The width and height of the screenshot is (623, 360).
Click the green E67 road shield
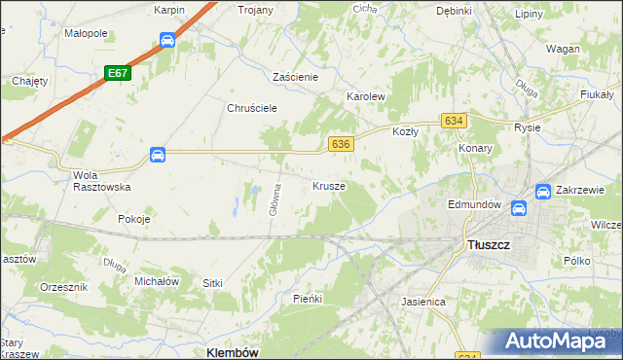(x=118, y=73)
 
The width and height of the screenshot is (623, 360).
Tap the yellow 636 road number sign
(x=340, y=144)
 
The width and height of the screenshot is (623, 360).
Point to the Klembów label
(x=233, y=352)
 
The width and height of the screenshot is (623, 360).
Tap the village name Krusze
(x=329, y=185)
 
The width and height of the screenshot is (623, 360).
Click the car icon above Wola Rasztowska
(x=158, y=155)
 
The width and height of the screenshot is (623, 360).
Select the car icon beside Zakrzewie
(x=543, y=192)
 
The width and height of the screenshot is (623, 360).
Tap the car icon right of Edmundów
(x=519, y=207)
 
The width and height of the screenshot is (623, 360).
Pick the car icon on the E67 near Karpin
(x=167, y=41)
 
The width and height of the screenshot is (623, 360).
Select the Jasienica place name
(x=423, y=302)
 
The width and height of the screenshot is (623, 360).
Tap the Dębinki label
(x=454, y=11)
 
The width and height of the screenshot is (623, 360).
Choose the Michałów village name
(x=157, y=280)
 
